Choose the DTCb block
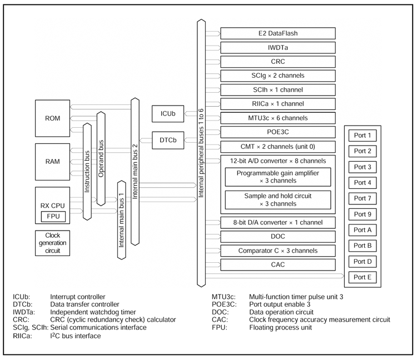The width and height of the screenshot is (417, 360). [168, 140]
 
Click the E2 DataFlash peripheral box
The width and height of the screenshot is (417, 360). [278, 33]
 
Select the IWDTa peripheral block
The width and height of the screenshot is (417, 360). [278, 47]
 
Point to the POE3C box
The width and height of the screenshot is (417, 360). [278, 132]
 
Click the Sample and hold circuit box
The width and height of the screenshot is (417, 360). [277, 200]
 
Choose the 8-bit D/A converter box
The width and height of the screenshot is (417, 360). [278, 223]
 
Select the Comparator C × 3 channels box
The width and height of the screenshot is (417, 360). [278, 251]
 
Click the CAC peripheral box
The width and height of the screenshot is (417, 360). [278, 264]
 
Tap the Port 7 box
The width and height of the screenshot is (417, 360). [362, 198]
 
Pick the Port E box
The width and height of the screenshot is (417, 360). [362, 277]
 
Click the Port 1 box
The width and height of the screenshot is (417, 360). [362, 135]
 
